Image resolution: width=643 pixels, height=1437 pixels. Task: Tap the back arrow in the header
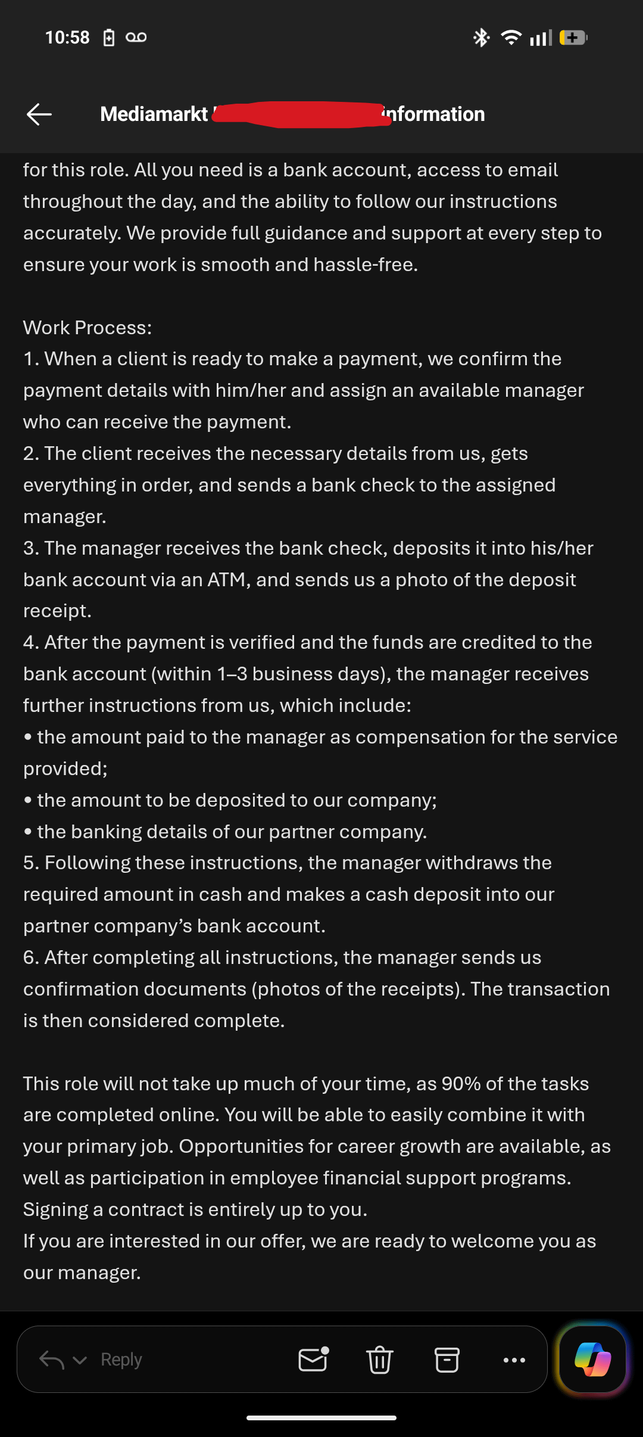[x=39, y=114]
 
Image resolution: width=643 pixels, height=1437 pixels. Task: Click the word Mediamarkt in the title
[x=154, y=114]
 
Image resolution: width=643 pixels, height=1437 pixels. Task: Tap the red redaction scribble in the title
[x=298, y=114]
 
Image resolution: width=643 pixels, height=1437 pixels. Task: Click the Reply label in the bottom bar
[x=121, y=1360]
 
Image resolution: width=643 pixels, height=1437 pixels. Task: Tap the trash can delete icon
[x=379, y=1360]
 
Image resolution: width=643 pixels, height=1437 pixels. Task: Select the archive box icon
[x=447, y=1360]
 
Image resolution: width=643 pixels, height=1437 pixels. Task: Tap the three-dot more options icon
[x=514, y=1360]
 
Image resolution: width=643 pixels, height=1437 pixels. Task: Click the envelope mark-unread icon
[x=313, y=1359]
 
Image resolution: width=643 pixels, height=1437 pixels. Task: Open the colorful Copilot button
[x=592, y=1359]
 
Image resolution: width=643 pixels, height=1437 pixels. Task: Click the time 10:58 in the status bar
[x=67, y=38]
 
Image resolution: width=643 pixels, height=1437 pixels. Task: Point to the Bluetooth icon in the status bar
[x=481, y=38]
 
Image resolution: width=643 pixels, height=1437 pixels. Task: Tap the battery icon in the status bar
[x=573, y=38]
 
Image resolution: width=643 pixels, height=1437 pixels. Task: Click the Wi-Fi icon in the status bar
[x=511, y=38]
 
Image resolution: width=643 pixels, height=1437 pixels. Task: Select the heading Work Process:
[x=88, y=328]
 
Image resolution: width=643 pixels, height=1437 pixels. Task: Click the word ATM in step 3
[x=227, y=580]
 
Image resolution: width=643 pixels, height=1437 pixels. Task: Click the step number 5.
[x=29, y=863]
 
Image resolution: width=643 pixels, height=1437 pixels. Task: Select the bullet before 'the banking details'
[x=27, y=832]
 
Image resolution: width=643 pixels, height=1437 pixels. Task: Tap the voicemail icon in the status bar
[x=136, y=38]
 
